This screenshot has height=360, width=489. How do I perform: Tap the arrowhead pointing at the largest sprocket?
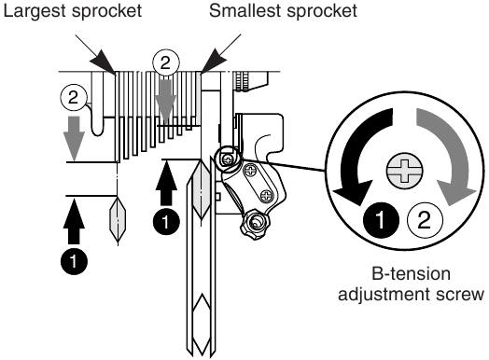tap(104, 62)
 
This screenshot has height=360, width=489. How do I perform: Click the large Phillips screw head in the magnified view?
tap(404, 171)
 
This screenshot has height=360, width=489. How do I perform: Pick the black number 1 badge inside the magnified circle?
tap(381, 219)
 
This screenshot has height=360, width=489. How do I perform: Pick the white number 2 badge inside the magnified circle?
tap(425, 219)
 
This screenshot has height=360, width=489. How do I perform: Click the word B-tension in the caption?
tap(411, 274)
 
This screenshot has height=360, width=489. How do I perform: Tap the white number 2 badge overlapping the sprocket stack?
tap(165, 62)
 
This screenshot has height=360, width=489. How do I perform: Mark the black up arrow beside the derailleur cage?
tap(166, 184)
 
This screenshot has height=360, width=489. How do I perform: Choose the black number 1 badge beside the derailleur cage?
tap(166, 222)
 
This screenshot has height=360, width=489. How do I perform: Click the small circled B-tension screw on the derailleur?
tap(229, 159)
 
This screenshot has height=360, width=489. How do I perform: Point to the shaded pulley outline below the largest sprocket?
tap(118, 218)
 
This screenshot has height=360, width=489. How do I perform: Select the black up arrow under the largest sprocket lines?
tap(74, 222)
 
